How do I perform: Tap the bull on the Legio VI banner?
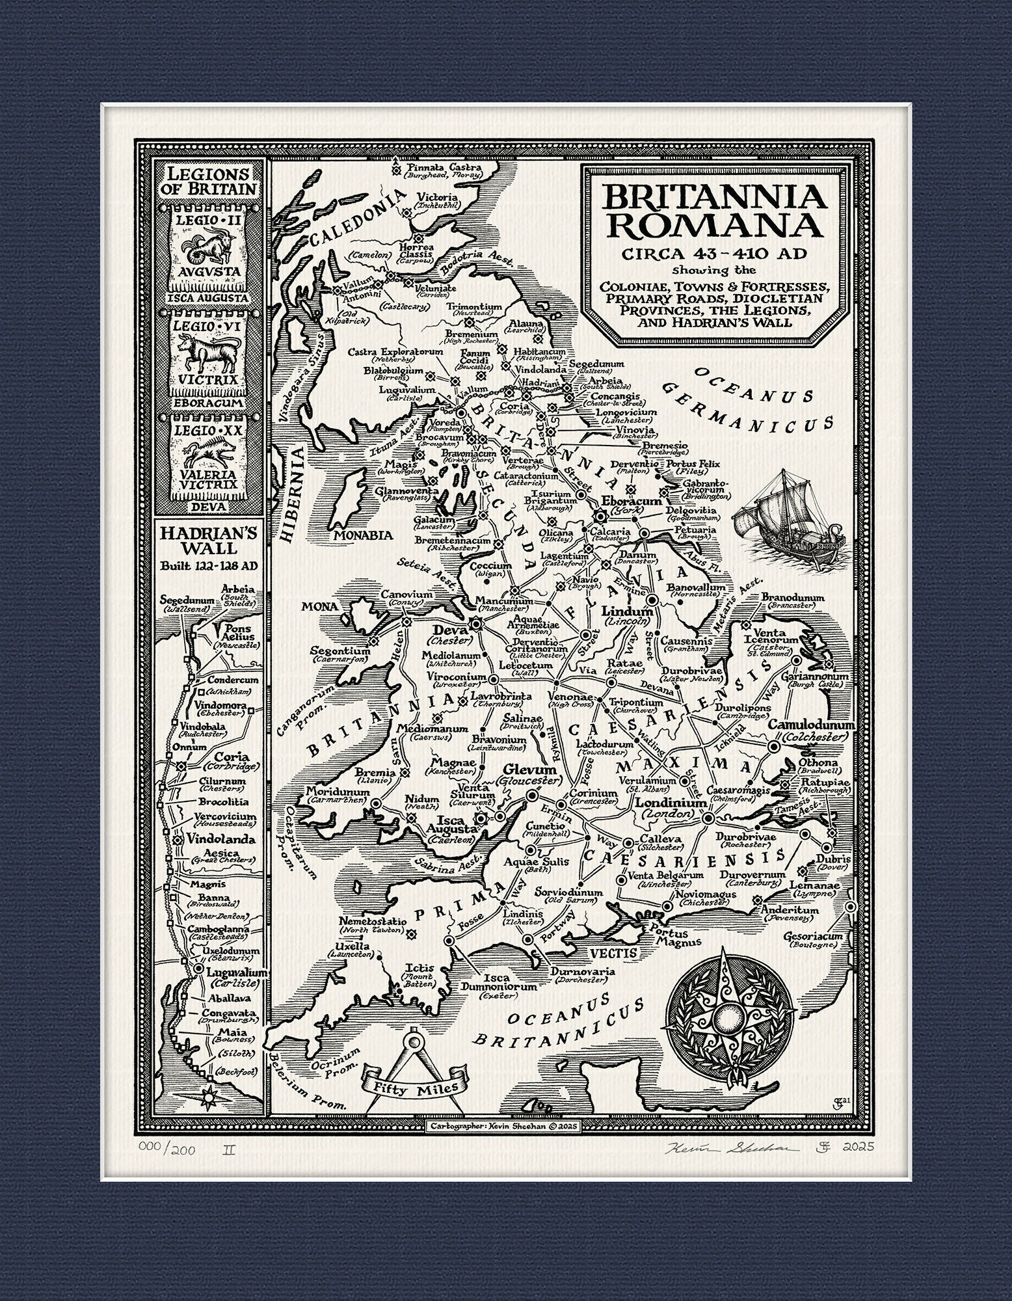coord(206,351)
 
